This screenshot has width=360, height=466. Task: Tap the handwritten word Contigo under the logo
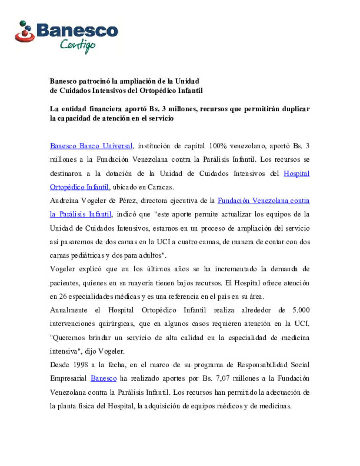click(78, 46)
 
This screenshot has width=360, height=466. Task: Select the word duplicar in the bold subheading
click(296, 109)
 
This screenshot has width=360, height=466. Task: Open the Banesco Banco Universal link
click(91, 146)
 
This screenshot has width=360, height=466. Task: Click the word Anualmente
click(68, 310)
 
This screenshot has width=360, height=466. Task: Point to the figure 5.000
click(301, 310)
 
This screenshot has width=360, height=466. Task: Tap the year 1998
click(80, 365)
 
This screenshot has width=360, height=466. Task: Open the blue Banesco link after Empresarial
click(104, 379)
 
